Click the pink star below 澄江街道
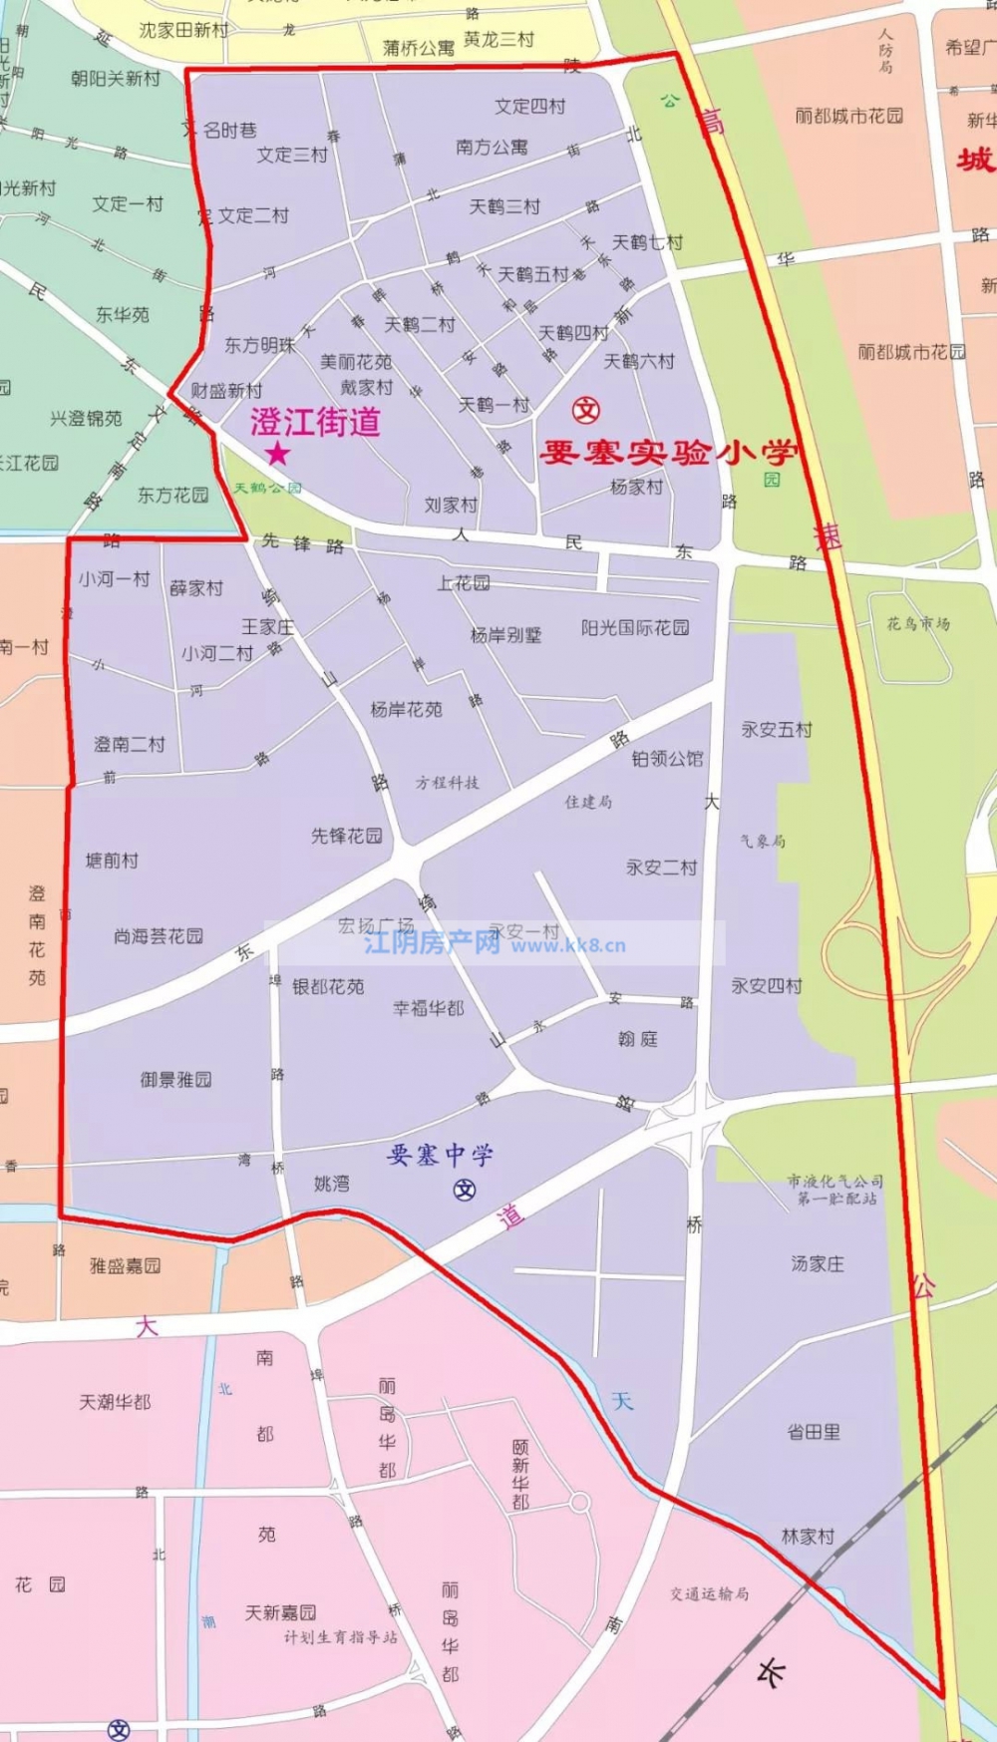point(277,455)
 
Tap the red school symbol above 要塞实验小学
point(586,410)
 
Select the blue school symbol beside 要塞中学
point(465,1190)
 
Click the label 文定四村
point(530,107)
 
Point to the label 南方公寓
point(492,148)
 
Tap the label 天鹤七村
point(647,242)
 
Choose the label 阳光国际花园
point(635,628)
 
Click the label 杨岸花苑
point(406,710)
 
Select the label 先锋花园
point(346,836)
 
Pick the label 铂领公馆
point(667,759)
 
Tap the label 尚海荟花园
point(159,936)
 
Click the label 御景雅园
point(175,1079)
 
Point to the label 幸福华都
point(429,1008)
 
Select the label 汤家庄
point(818,1263)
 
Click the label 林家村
point(808,1537)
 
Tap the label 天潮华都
point(116,1402)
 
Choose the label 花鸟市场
point(918,624)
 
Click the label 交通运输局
point(709,1593)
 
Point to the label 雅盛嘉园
point(126,1266)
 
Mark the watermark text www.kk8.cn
point(568,945)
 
